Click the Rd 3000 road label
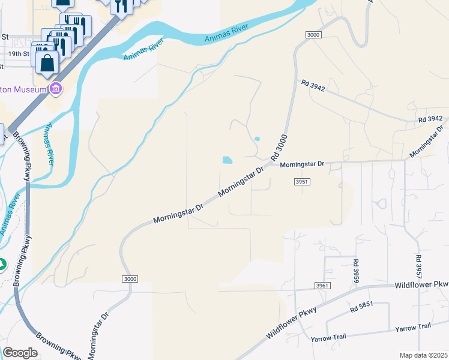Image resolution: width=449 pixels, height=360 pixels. pyautogui.click(x=280, y=148)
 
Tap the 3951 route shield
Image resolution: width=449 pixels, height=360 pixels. pyautogui.click(x=302, y=181)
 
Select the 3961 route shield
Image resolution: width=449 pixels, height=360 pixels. pyautogui.click(x=322, y=286)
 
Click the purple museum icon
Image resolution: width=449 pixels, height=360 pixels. pyautogui.click(x=56, y=89)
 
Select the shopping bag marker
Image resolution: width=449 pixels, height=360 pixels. pyautogui.click(x=47, y=62)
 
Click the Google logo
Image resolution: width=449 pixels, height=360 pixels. pyautogui.click(x=20, y=352)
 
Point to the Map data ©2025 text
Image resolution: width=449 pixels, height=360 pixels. pyautogui.click(x=423, y=355)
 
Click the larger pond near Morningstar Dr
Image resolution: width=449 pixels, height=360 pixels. pyautogui.click(x=228, y=160)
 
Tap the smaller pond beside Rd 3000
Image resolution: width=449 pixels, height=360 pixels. pyautogui.click(x=257, y=139)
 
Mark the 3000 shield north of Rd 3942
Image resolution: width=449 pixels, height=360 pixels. pyautogui.click(x=313, y=35)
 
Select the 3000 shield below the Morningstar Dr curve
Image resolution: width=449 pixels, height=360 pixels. pyautogui.click(x=129, y=279)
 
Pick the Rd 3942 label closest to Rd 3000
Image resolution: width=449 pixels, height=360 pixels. pyautogui.click(x=313, y=86)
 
